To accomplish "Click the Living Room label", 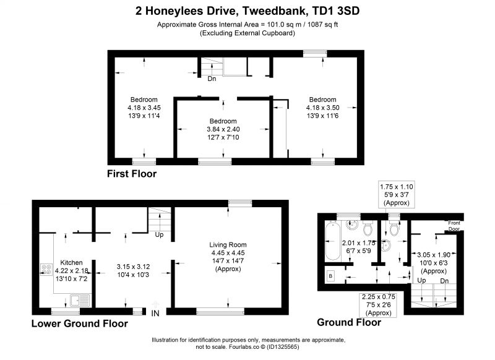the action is [228, 244].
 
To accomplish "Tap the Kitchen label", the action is [71, 262].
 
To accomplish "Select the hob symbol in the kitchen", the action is [46, 270].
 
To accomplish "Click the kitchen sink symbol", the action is [80, 301].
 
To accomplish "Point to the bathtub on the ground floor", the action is [332, 241].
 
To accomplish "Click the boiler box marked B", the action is [330, 276].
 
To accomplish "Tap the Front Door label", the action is [454, 226].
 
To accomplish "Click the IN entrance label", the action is [155, 314].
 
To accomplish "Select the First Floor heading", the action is [132, 174].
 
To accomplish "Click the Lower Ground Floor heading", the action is [80, 324].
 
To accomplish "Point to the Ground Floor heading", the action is [349, 322].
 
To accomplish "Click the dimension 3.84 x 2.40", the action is [223, 129].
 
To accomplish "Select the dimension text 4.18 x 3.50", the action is [322, 108].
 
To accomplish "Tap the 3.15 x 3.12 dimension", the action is [133, 267].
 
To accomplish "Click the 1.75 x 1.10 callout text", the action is [397, 187].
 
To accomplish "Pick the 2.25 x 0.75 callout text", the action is [379, 296].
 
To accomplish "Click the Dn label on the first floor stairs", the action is [212, 79].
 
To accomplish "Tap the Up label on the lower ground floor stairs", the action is [159, 234].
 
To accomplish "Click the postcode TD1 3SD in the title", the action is [335, 11].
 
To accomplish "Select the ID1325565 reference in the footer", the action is [283, 347].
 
